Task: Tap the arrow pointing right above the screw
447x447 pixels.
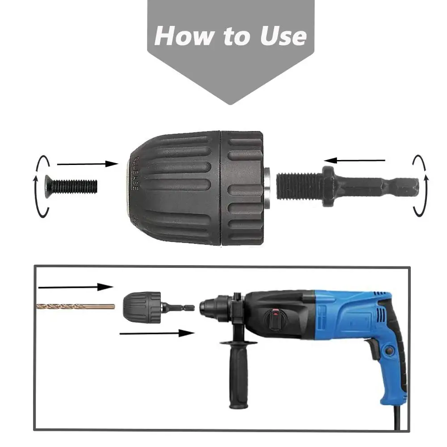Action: (x=87, y=164)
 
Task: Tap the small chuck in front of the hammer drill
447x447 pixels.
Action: (x=142, y=307)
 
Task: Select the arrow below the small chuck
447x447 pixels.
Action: (x=156, y=333)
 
